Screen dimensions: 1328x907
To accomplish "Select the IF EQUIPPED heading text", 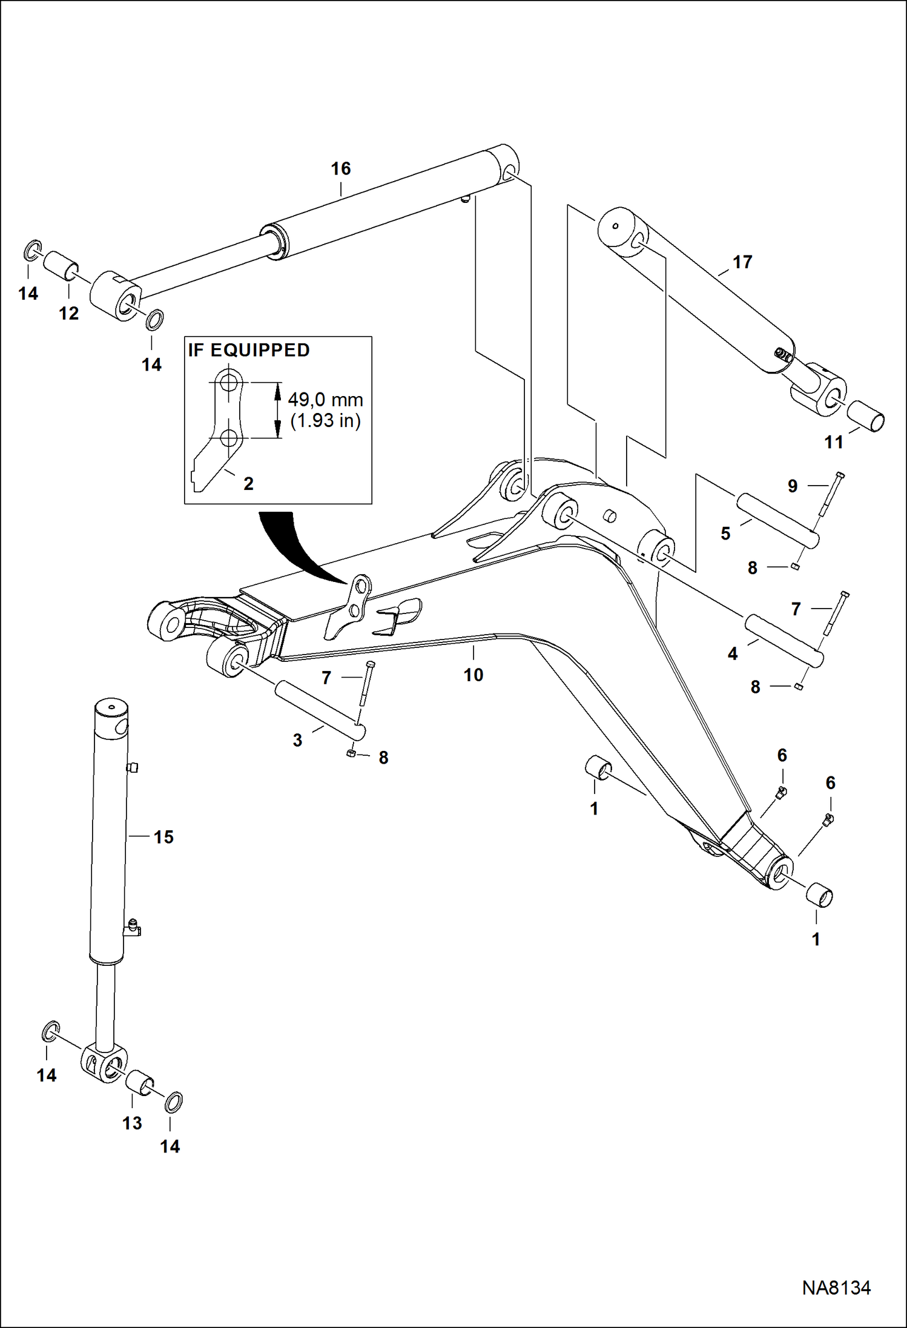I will pos(249,350).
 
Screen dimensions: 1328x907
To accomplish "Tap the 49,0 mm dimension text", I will pos(325,400).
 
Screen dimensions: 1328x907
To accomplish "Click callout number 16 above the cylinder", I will pos(341,168).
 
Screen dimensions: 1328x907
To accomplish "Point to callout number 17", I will pos(742,262).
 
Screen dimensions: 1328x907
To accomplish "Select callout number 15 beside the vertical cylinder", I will pos(163,837).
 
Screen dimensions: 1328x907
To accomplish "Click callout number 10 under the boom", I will pos(473,675).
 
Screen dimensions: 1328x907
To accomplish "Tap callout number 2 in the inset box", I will pos(248,483).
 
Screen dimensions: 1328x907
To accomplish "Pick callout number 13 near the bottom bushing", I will pos(132,1123).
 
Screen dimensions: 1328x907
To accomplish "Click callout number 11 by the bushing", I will pos(834,443).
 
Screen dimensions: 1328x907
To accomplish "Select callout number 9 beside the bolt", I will pos(793,486).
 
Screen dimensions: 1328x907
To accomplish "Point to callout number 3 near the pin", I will pos(297,740).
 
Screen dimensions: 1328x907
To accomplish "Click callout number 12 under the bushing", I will pos(69,313).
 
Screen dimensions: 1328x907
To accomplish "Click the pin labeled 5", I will pos(777,521).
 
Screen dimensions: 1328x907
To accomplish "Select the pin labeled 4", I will pos(783,641).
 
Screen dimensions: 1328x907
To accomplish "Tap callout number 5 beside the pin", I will pos(725,534).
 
